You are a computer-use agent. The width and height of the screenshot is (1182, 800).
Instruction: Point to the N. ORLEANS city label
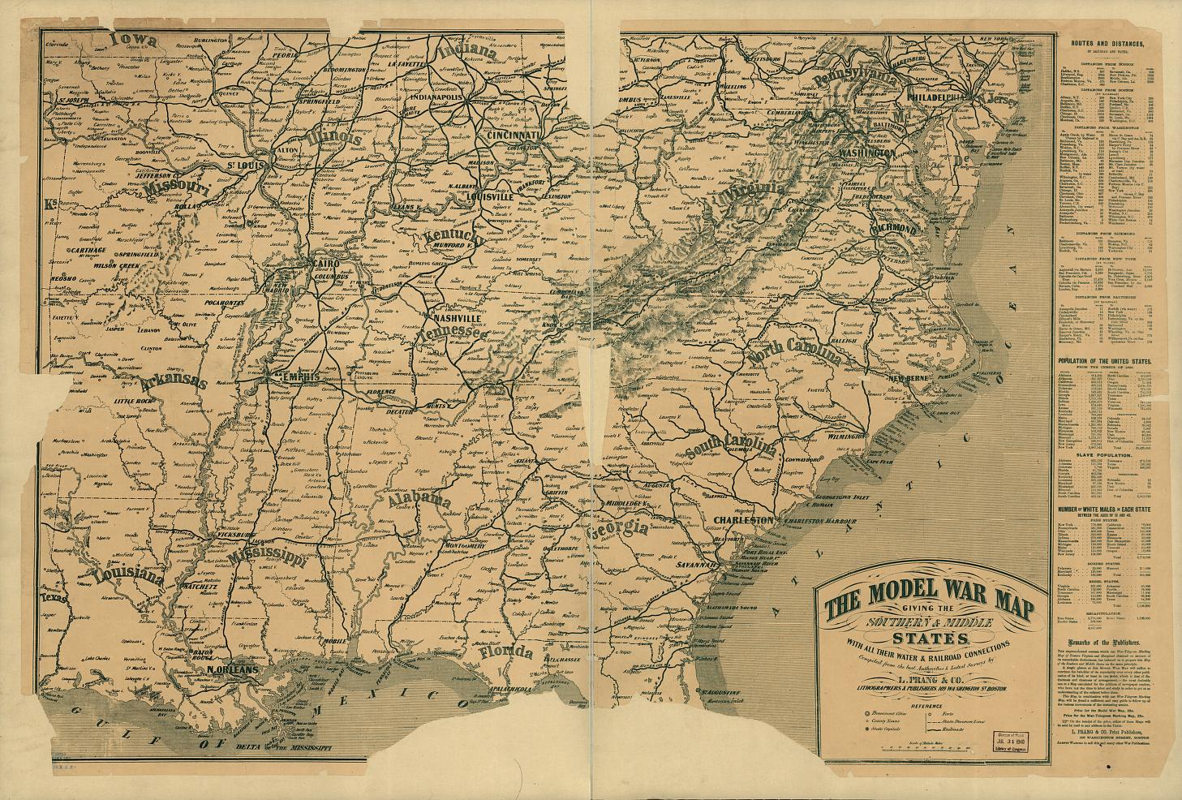point(232,669)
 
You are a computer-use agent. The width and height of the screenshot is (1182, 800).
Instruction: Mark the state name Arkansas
point(173,381)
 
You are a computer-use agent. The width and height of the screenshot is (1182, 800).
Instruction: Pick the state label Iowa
point(133,39)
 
